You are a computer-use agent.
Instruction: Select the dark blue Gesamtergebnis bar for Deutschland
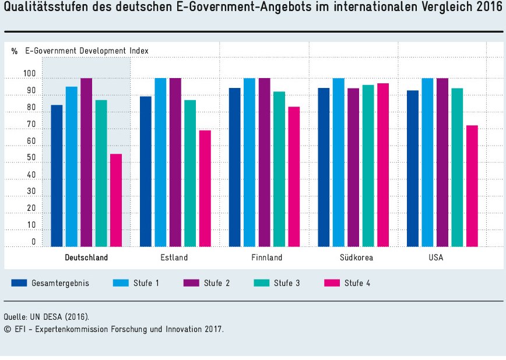click(x=57, y=175)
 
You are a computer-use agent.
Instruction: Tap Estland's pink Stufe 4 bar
click(x=205, y=188)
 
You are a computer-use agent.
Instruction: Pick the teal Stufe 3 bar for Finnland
click(x=279, y=169)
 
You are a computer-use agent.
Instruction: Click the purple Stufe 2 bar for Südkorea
click(x=353, y=167)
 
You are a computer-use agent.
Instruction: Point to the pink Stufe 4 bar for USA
click(x=472, y=186)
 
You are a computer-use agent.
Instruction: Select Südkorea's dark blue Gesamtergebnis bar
click(x=324, y=167)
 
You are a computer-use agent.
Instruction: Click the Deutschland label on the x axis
click(x=86, y=257)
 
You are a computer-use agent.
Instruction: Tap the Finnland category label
click(x=266, y=257)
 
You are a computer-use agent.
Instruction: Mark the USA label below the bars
click(x=435, y=257)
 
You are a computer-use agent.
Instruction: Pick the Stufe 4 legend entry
click(x=346, y=283)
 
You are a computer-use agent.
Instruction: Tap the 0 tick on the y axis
click(x=34, y=242)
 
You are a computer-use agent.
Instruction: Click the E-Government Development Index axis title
click(x=86, y=51)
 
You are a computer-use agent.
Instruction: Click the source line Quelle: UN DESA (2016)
click(x=47, y=317)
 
